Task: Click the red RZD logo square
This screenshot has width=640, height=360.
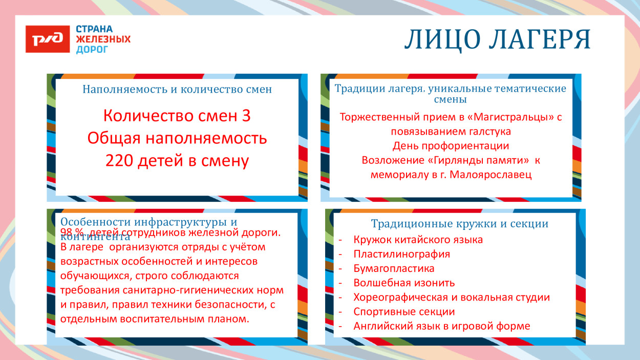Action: point(48,39)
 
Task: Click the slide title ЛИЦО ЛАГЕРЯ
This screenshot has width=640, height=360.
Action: point(497,40)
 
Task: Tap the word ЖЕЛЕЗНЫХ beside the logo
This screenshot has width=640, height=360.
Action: point(103,39)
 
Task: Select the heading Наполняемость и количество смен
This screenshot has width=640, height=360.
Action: point(177,90)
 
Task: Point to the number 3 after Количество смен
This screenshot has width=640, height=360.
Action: point(246,116)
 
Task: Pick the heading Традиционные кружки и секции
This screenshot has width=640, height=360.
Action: point(459,224)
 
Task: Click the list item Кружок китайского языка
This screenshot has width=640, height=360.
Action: point(418,240)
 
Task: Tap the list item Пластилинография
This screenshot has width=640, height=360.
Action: point(401,254)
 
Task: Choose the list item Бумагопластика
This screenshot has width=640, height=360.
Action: point(394,268)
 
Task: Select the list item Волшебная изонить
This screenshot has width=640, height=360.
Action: point(404,283)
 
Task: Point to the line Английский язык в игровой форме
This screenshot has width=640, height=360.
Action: point(441,326)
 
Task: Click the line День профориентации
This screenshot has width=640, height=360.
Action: point(451,146)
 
